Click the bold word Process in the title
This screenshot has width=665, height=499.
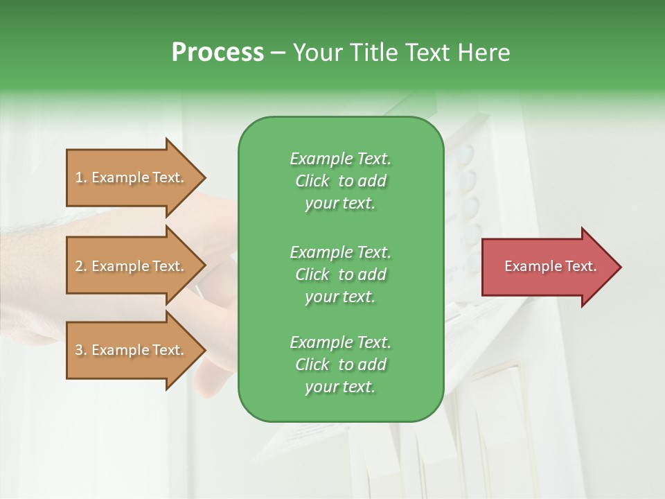[x=218, y=53]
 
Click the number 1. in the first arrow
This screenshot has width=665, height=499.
[x=81, y=177]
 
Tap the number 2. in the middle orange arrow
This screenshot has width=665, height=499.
[x=81, y=266]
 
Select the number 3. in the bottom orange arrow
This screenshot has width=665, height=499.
[x=81, y=350]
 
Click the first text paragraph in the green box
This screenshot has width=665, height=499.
[x=340, y=181]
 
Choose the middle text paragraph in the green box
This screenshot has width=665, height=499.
[x=340, y=274]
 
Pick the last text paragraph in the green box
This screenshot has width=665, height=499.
[x=340, y=365]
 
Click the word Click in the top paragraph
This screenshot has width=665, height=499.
[x=312, y=181]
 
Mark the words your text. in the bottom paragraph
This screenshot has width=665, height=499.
[x=340, y=387]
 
